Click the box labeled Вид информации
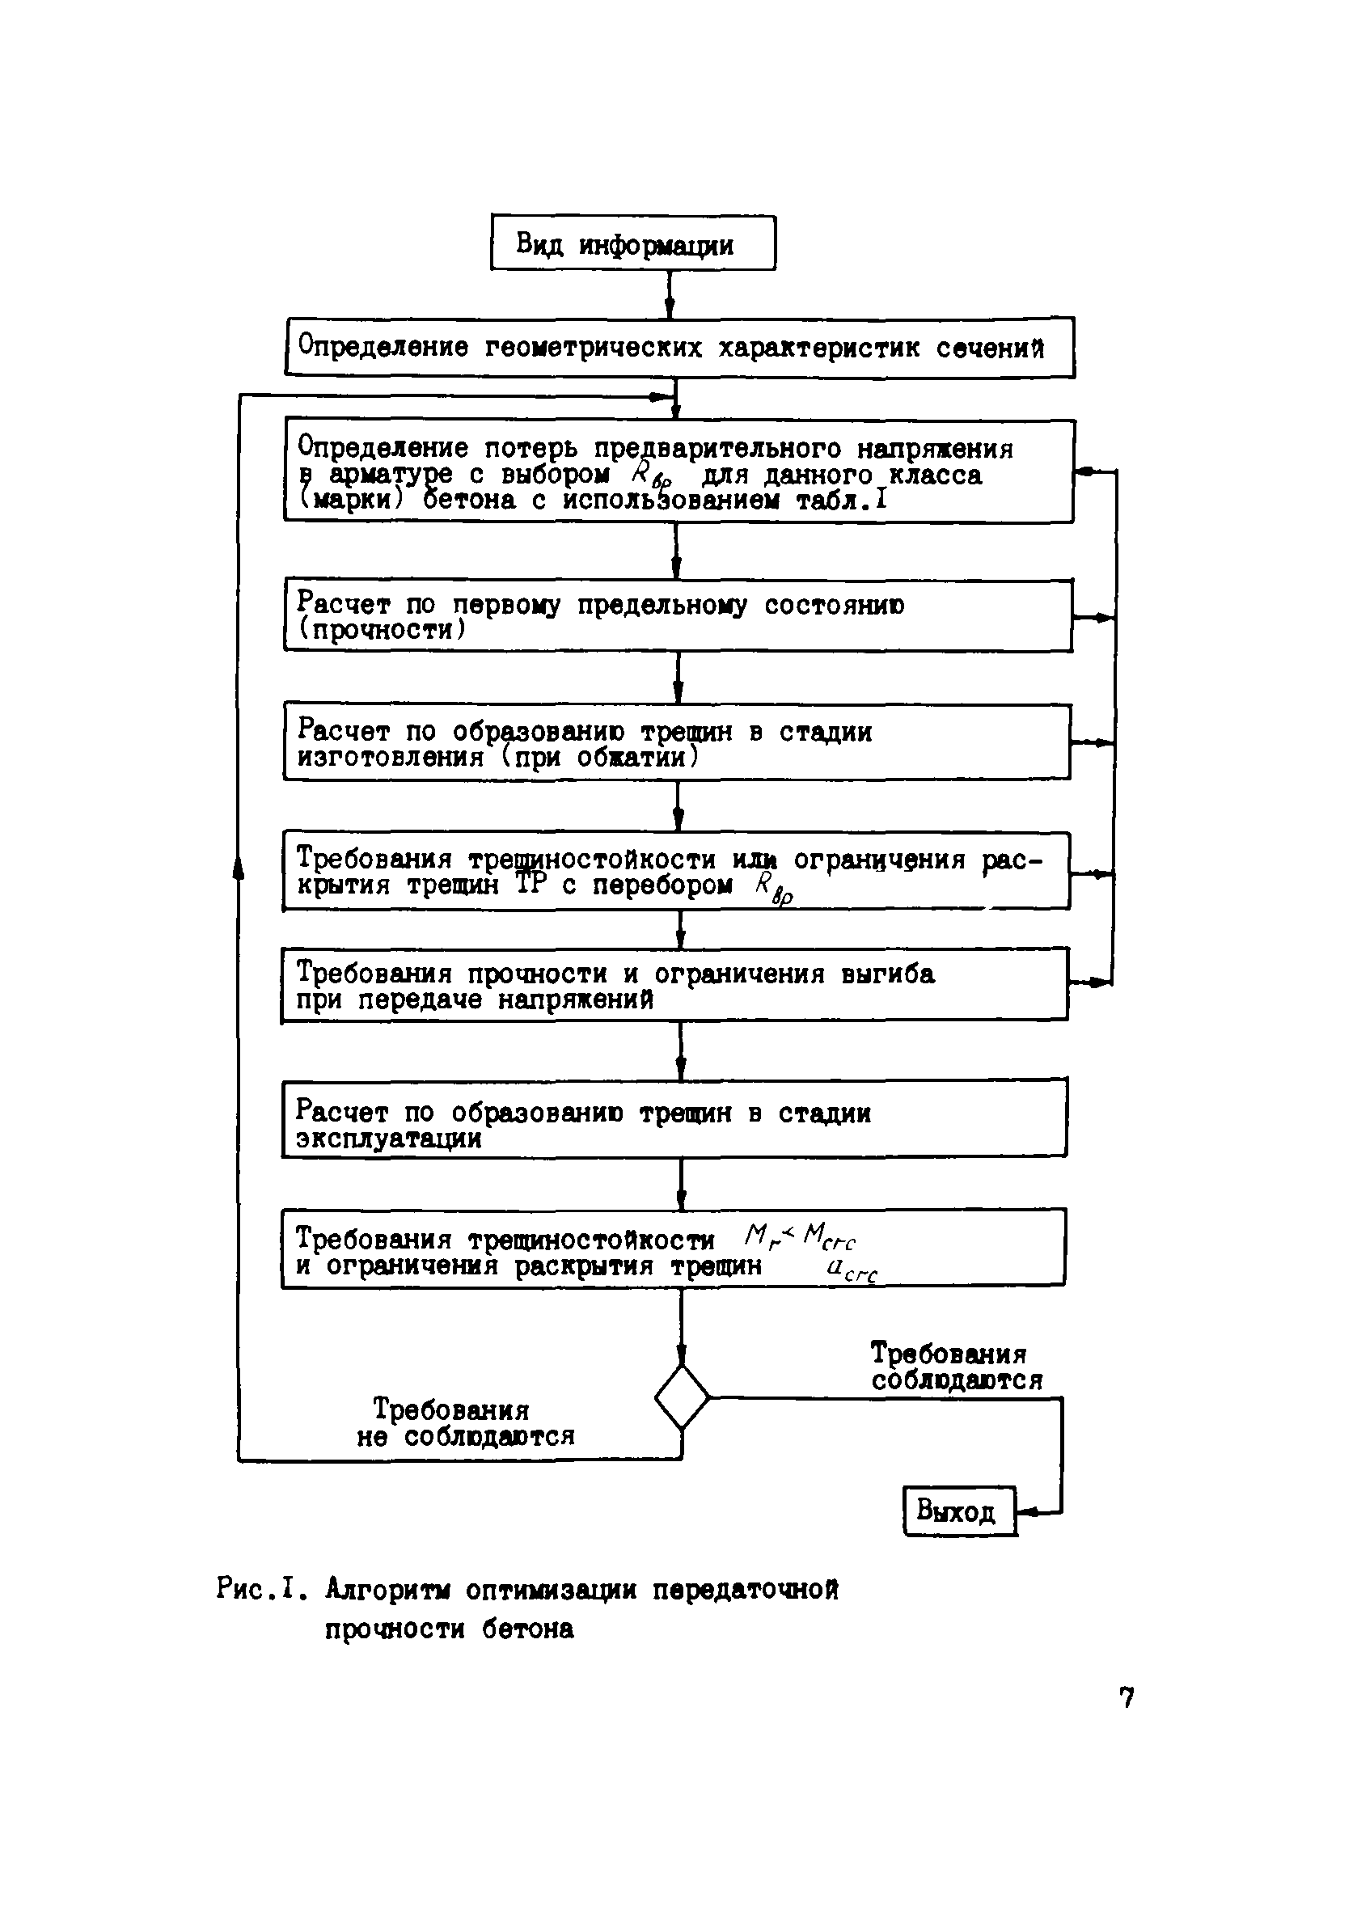pyautogui.click(x=632, y=243)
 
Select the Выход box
pyautogui.click(x=959, y=1511)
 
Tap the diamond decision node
pyautogui.click(x=682, y=1397)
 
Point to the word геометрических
pyautogui.click(x=594, y=348)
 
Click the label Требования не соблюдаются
pyautogui.click(x=464, y=1423)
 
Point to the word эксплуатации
pyautogui.click(x=388, y=1139)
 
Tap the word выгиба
pyautogui.click(x=887, y=974)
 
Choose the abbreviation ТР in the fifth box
pyautogui.click(x=530, y=885)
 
